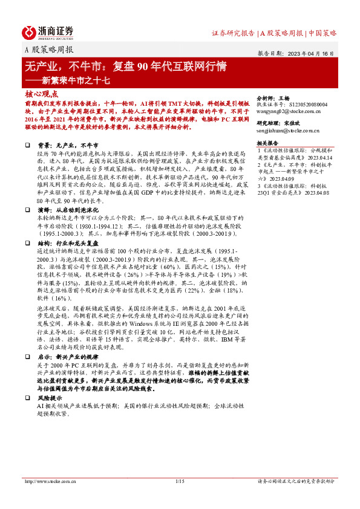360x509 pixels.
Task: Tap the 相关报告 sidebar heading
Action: click(x=269, y=144)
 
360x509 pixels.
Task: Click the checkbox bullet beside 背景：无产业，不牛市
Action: click(x=27, y=146)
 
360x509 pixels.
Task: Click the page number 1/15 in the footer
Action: click(x=179, y=481)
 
